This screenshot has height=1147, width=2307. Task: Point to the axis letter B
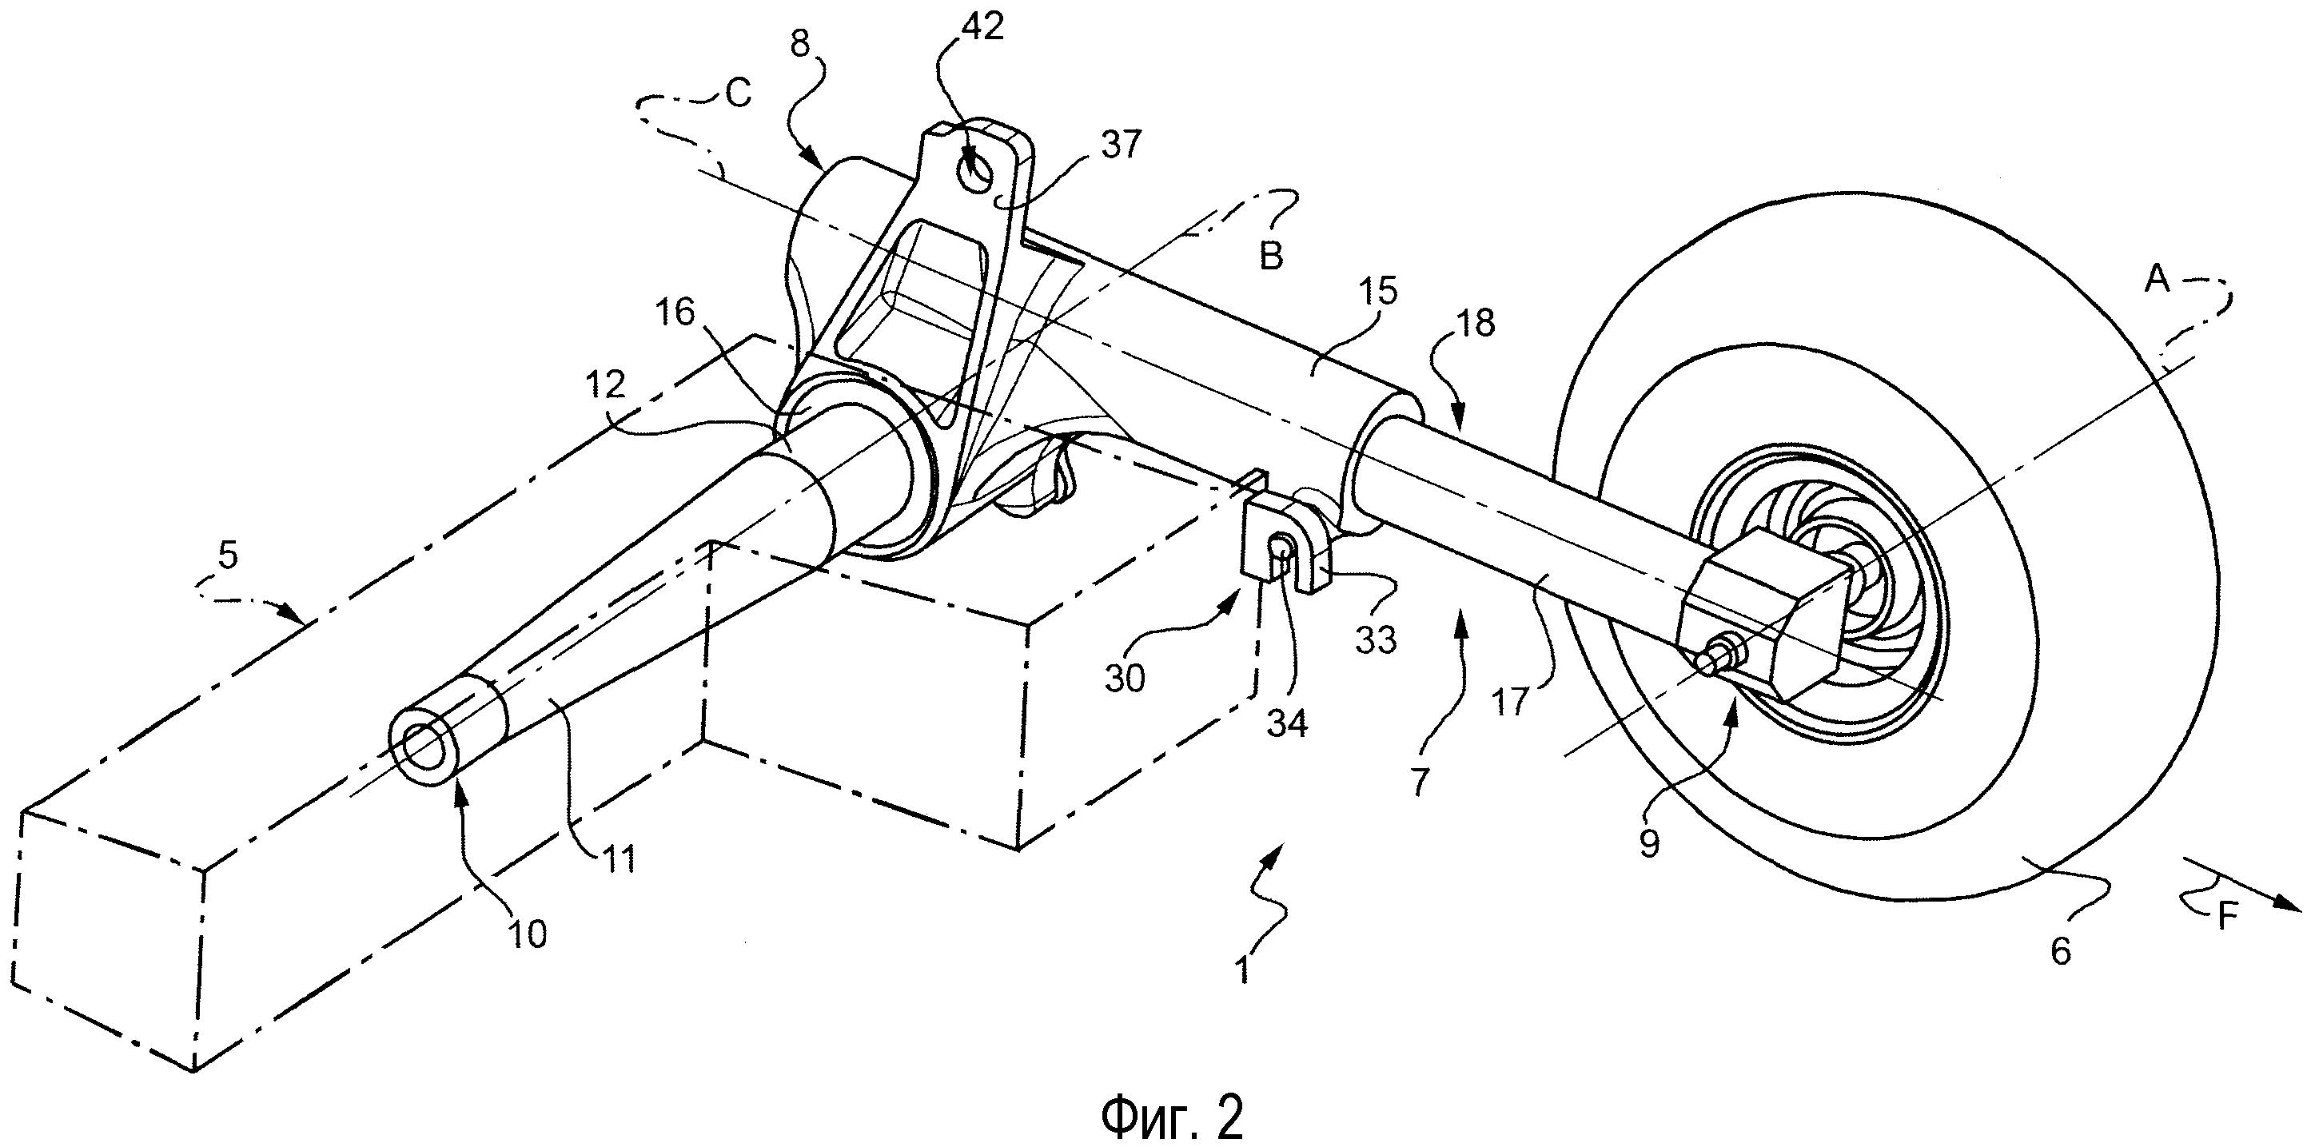(x=1271, y=256)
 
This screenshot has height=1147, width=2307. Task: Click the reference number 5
(x=229, y=556)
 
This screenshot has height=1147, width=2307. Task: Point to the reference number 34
(x=1286, y=722)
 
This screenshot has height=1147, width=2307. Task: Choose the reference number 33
(x=1376, y=639)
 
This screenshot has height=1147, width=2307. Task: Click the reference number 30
(x=1124, y=678)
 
